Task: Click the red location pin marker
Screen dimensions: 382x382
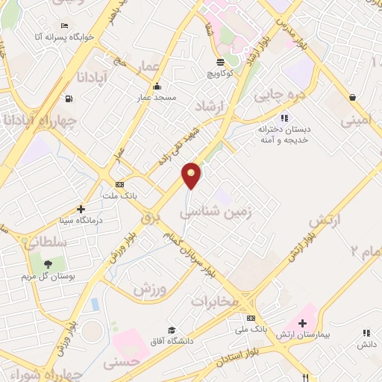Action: pyautogui.click(x=192, y=175)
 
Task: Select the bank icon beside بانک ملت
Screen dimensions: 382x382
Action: pyautogui.click(x=119, y=184)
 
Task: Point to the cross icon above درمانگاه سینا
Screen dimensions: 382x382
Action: pyautogui.click(x=81, y=209)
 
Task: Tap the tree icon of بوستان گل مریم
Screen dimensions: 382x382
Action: pyautogui.click(x=48, y=264)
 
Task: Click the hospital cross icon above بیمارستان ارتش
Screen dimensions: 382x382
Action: pyautogui.click(x=302, y=324)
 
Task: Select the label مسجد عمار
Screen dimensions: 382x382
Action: pyautogui.click(x=155, y=98)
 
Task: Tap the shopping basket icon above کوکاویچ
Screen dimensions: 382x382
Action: pyautogui.click(x=219, y=63)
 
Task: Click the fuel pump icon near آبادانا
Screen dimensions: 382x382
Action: pyautogui.click(x=69, y=98)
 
